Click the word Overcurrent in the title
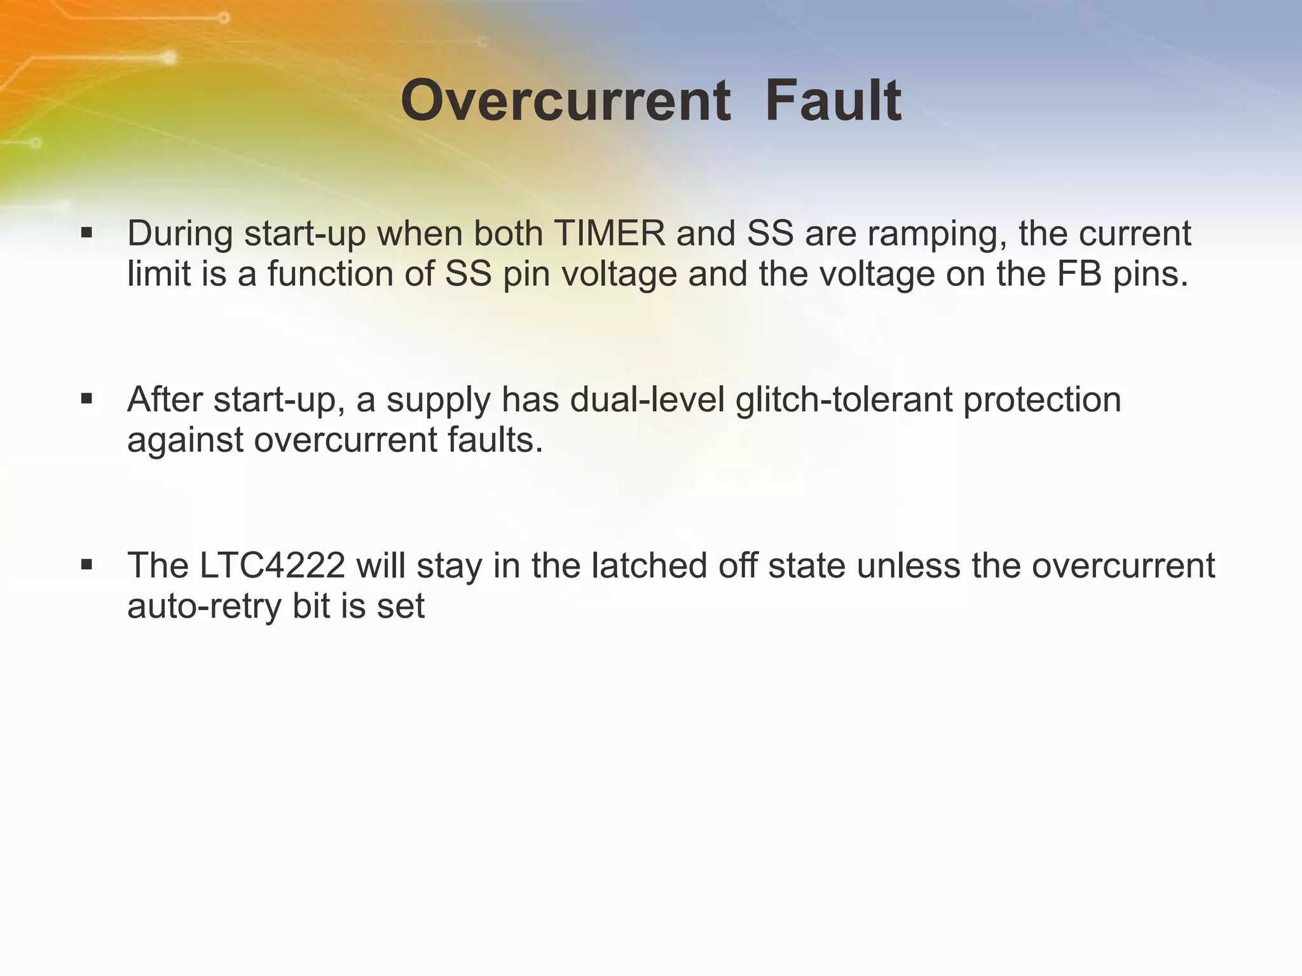pos(565,101)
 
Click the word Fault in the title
pos(833,101)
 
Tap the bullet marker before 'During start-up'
pos(87,233)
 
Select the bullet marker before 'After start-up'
pos(87,399)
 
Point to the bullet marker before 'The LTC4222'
pos(87,565)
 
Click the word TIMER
pos(610,233)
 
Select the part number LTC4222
pos(272,566)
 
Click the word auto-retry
pos(204,607)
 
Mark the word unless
pos(908,566)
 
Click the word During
pos(181,234)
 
